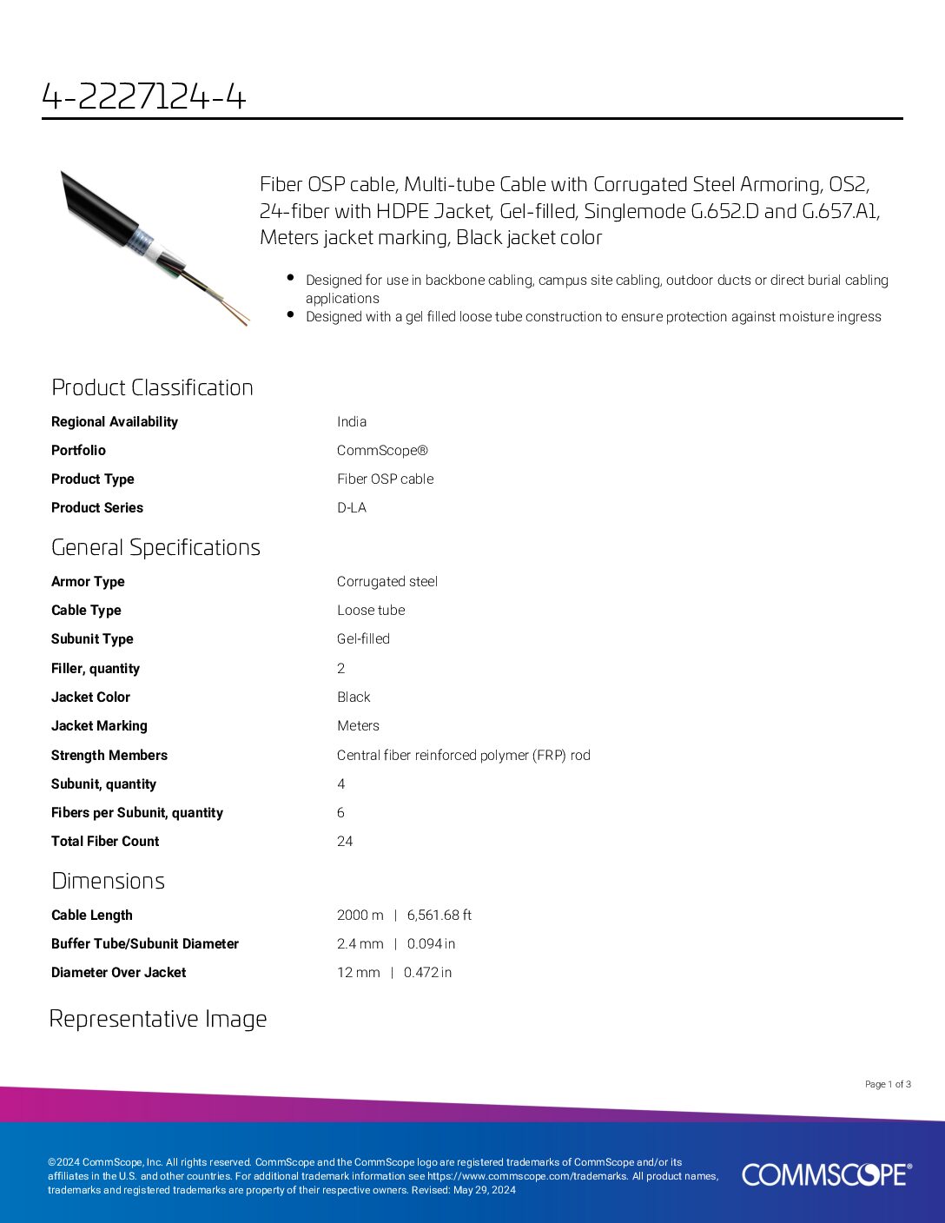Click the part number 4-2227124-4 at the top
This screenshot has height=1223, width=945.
tap(144, 96)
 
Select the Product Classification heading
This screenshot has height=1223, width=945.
tap(152, 387)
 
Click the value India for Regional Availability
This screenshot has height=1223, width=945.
tap(352, 421)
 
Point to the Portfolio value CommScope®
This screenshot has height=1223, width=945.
tap(382, 450)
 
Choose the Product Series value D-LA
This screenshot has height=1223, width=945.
tap(352, 507)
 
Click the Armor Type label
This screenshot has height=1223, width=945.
tap(88, 581)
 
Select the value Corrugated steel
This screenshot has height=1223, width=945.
tap(387, 581)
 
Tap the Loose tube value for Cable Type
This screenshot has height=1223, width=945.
tap(371, 610)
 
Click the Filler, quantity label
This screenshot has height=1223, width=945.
tap(96, 668)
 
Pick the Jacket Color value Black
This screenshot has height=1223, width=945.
tap(354, 697)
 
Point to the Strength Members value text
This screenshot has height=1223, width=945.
tap(464, 755)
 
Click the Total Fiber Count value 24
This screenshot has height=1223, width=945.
tap(345, 841)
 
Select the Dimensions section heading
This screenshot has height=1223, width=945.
tap(108, 881)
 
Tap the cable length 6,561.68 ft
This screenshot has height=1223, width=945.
tap(439, 915)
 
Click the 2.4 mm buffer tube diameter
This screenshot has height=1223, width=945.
tap(360, 943)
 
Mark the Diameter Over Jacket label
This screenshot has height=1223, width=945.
tap(118, 972)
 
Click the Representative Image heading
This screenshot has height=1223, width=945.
tap(158, 1019)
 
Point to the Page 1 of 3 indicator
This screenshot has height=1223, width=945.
tap(888, 1084)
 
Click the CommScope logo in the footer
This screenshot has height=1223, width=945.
tap(826, 1174)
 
